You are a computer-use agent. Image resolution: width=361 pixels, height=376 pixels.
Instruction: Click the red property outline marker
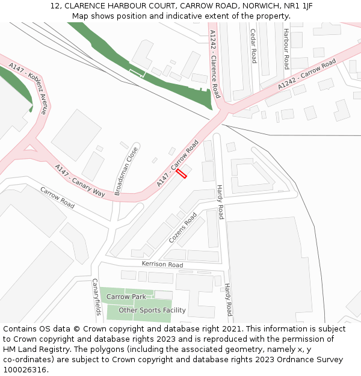pos(182,173)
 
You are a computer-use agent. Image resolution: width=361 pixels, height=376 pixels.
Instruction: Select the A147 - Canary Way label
pos(80,180)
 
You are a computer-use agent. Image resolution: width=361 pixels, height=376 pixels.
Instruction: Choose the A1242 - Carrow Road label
pos(307,75)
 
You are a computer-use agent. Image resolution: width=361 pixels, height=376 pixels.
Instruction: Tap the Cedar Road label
pos(253,46)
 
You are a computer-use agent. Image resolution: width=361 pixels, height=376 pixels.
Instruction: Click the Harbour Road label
pos(286,48)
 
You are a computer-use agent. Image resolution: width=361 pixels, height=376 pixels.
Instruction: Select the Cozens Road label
pos(183,227)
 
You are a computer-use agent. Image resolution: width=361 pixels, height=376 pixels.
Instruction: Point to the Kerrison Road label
pos(162,265)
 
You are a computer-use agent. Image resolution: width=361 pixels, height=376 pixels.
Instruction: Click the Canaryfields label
pos(96,297)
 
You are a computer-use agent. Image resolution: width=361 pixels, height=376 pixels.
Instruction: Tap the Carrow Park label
pos(126,297)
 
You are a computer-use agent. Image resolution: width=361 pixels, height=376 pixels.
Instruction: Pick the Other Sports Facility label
pos(152,310)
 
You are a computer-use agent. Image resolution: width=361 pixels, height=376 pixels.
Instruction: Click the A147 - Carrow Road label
pos(177,163)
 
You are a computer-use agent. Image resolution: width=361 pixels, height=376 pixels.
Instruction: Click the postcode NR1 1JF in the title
pos(298,6)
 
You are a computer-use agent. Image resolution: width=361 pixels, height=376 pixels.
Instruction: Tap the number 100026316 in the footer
pos(25,369)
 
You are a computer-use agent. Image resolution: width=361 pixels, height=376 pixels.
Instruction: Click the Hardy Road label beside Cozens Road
pos(220,202)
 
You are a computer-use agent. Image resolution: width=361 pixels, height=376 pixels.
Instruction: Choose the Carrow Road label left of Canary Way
pos(58,198)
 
